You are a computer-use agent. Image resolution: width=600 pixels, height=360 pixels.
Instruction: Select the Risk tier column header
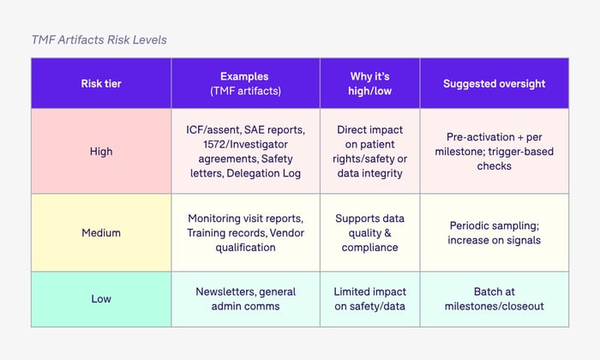tap(101, 83)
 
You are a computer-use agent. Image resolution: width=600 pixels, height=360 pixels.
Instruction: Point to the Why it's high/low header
tap(369, 83)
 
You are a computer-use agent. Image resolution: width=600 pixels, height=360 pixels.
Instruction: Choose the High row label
tap(101, 151)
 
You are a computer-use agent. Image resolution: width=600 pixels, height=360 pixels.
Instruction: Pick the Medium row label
tap(101, 231)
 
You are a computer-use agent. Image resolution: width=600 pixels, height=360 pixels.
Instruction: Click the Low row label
tap(101, 298)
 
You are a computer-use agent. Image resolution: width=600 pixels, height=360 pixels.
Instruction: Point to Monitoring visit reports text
tap(245, 218)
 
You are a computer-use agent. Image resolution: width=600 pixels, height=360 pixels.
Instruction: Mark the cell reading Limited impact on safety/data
tap(369, 298)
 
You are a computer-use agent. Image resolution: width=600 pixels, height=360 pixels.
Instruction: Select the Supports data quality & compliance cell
tap(369, 232)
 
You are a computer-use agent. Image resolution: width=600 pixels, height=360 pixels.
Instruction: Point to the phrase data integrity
tap(369, 173)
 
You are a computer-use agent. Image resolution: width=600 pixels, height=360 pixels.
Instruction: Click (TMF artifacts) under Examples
tap(245, 91)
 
